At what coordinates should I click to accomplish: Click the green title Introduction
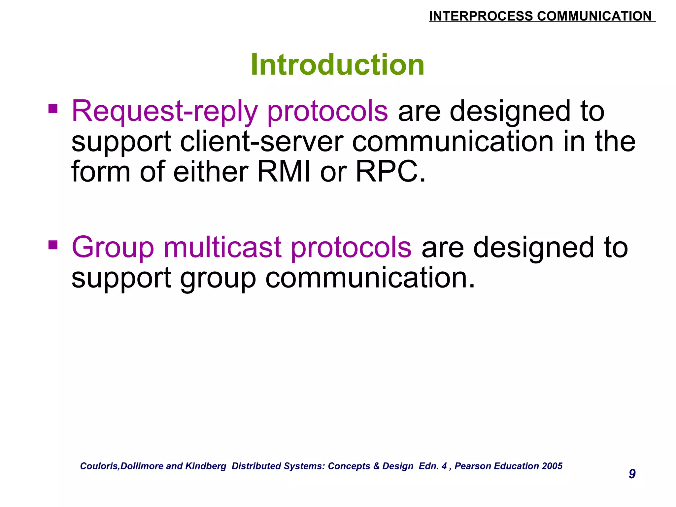click(337, 65)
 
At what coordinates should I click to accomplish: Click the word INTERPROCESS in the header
click(481, 16)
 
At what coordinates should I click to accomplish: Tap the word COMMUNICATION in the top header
click(594, 16)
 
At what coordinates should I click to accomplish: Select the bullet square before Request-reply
click(53, 109)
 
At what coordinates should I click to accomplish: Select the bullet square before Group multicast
click(53, 245)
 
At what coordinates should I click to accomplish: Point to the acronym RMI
click(284, 172)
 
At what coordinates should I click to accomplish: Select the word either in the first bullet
click(211, 172)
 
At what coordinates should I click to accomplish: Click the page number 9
click(632, 474)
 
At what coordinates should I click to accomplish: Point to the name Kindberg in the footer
click(206, 466)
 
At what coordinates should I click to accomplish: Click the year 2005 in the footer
click(552, 466)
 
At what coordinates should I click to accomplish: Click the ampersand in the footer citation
click(376, 466)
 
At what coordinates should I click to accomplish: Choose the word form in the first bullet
click(101, 172)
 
